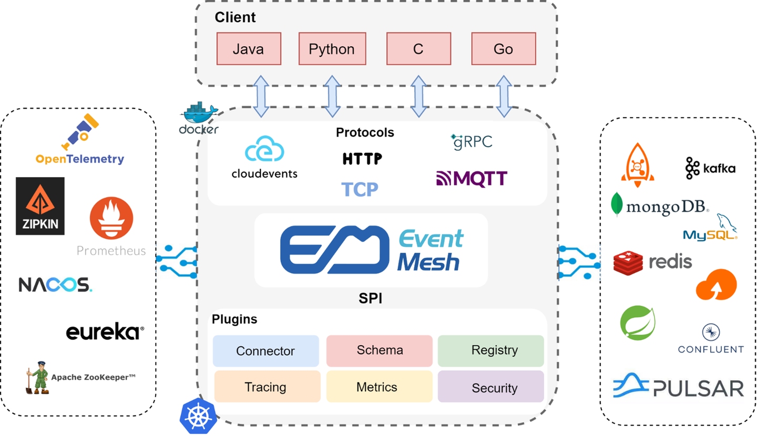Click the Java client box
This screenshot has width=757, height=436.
click(x=249, y=49)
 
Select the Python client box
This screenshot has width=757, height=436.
click(x=331, y=49)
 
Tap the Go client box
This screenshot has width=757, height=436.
click(x=503, y=49)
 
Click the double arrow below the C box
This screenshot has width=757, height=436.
click(x=418, y=96)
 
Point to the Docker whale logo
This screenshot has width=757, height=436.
click(x=199, y=114)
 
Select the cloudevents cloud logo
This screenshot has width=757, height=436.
click(x=264, y=149)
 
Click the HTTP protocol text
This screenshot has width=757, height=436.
click(x=362, y=159)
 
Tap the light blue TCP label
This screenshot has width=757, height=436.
click(x=360, y=189)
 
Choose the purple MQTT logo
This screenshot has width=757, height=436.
click(x=472, y=179)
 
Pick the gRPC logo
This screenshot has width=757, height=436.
click(x=472, y=141)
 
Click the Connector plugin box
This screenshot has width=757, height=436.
click(x=265, y=351)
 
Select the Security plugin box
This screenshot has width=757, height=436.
click(x=490, y=388)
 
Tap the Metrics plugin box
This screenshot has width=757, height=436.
click(x=377, y=387)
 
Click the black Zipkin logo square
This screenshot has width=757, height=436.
click(x=40, y=206)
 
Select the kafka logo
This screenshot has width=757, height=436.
click(x=710, y=168)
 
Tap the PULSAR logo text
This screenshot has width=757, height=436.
click(x=698, y=388)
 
